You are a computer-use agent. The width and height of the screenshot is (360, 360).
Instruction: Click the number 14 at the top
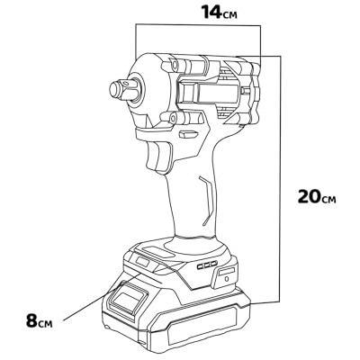pos(211,12)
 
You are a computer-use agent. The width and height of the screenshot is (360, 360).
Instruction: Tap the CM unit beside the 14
pos(229,15)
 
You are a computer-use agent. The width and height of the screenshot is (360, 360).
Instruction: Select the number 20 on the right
pos(309,196)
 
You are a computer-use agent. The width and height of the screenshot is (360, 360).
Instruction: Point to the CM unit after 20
pos(328,200)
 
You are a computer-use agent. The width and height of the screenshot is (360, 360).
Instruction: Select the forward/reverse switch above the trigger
pos(185,134)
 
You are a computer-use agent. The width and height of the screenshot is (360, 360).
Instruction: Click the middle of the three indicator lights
pos(207,265)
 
